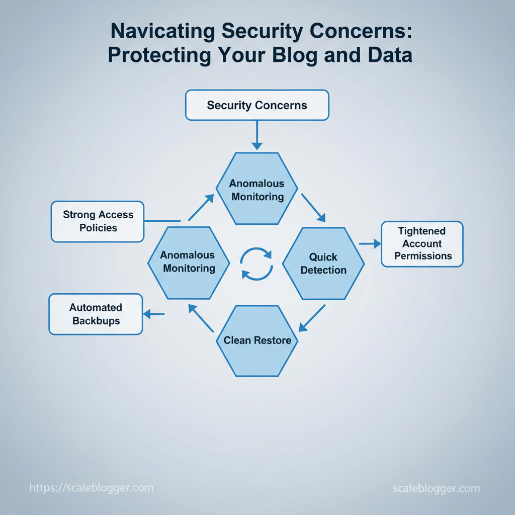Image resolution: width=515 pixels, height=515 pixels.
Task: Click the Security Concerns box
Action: coord(257,105)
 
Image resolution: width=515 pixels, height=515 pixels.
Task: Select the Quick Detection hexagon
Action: coord(323,264)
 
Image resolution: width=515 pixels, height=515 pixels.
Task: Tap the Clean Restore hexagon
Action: coord(257,341)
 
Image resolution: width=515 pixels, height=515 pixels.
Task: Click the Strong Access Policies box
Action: coord(98,222)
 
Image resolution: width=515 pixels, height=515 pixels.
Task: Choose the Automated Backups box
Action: coord(96,314)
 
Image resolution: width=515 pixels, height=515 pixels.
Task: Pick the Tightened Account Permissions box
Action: coord(422,244)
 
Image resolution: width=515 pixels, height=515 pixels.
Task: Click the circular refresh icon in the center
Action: coord(256,264)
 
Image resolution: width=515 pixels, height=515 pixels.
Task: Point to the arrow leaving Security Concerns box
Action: coord(257,135)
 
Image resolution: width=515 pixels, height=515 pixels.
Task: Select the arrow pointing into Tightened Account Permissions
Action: coord(370,244)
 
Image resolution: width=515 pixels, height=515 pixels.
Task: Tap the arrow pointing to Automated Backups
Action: coord(154,314)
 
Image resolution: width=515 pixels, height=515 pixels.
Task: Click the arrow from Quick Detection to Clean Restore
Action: coord(312,318)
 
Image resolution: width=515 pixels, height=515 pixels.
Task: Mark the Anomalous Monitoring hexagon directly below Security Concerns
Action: coord(257,189)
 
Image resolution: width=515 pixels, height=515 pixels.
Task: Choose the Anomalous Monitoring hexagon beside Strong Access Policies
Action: coord(189,263)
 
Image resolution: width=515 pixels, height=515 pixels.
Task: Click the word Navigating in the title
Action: coord(162,31)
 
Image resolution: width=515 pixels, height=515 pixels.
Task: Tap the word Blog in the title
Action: coord(295,55)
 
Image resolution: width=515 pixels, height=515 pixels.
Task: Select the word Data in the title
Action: coord(390,55)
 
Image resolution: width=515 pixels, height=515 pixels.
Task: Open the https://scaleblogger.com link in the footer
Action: coord(92,488)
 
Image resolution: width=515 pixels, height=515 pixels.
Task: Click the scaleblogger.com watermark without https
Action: coord(437,488)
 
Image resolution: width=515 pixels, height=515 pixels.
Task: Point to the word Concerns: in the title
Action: coord(361,31)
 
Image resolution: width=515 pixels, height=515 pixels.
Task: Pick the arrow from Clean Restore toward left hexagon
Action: coord(201,318)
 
